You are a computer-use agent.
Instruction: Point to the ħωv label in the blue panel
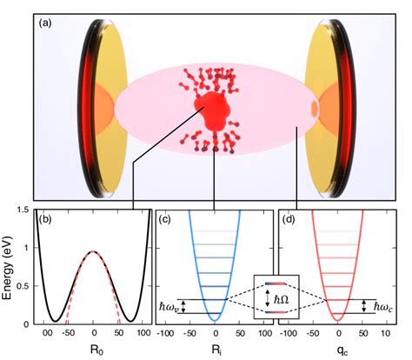click(169, 307)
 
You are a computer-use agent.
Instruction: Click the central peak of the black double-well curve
click(94, 252)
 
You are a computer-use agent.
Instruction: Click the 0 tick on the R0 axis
click(94, 333)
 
